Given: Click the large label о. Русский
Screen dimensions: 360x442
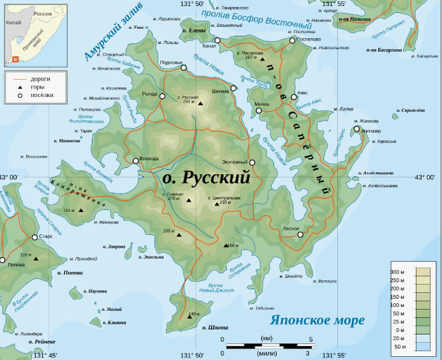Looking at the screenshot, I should [x=207, y=178].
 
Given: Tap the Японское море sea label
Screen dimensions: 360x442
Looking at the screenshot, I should [x=317, y=320].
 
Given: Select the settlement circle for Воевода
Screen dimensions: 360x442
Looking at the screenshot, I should [x=135, y=161].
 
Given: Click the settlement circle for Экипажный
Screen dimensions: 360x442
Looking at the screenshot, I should [x=252, y=162].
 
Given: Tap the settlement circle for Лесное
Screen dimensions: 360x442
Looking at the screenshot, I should [x=300, y=234].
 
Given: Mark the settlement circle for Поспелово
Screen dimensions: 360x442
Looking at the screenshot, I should [x=292, y=40].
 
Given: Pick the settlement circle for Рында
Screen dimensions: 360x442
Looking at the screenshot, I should [x=162, y=96].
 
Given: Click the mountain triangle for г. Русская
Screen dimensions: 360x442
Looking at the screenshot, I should [x=200, y=103].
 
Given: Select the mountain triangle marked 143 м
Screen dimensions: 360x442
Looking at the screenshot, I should [x=189, y=316].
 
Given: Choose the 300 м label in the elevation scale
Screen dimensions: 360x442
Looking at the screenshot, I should [x=398, y=272].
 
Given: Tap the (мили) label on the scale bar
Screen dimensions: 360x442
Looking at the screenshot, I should [x=266, y=352].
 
